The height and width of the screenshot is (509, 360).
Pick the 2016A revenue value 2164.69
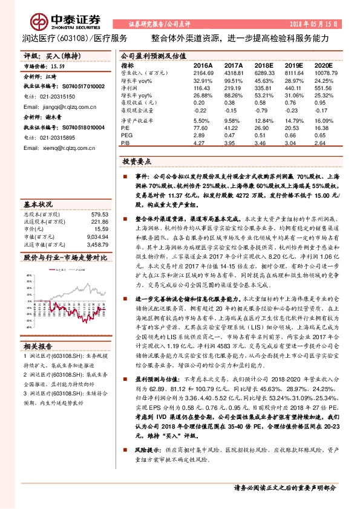(203, 72)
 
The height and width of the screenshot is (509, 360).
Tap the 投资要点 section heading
(137, 163)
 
